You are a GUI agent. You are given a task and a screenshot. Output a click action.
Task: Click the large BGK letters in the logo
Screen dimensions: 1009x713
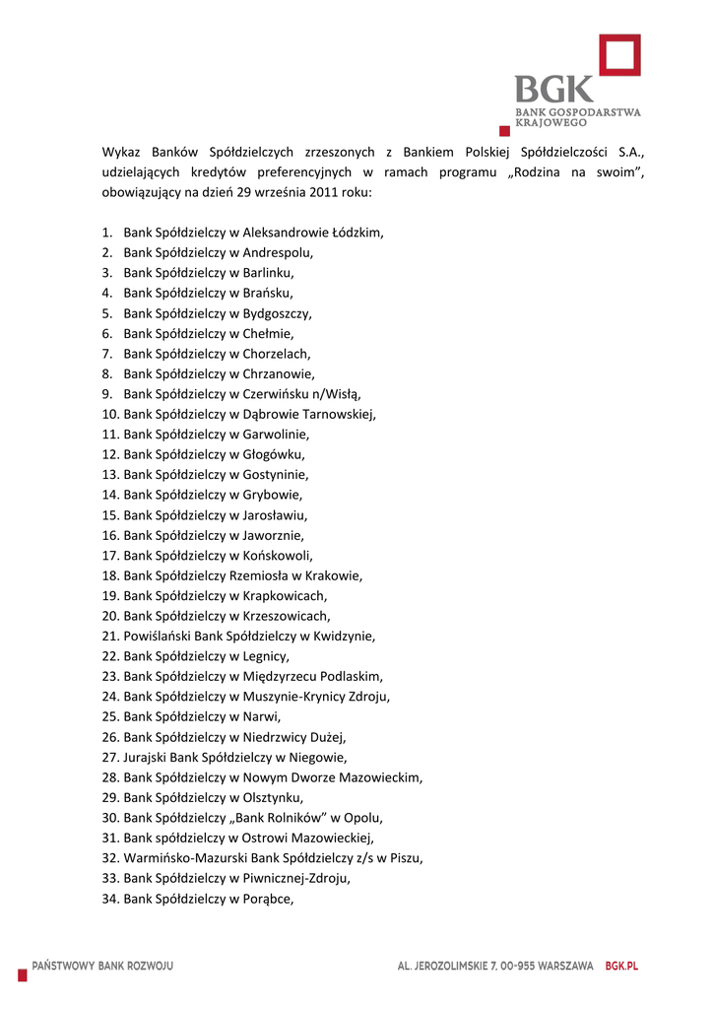(554, 91)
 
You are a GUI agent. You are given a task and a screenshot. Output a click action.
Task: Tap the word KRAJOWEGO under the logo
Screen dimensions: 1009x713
(551, 123)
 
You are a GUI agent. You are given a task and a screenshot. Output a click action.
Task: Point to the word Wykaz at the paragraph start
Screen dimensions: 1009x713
(121, 152)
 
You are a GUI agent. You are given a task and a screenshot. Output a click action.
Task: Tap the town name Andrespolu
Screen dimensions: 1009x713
(278, 252)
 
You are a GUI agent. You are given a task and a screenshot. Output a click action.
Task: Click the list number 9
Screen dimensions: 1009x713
(106, 394)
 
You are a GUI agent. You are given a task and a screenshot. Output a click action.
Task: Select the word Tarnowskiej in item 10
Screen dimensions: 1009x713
(339, 414)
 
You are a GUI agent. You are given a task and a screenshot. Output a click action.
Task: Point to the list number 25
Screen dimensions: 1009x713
(110, 716)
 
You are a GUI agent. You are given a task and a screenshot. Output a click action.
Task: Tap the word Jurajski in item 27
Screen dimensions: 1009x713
(146, 757)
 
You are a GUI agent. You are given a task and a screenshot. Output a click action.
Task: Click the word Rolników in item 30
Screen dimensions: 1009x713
(300, 817)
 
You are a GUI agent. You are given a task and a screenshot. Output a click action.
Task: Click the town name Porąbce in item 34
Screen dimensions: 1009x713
(267, 898)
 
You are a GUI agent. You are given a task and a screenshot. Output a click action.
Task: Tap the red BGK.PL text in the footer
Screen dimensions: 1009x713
(621, 966)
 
